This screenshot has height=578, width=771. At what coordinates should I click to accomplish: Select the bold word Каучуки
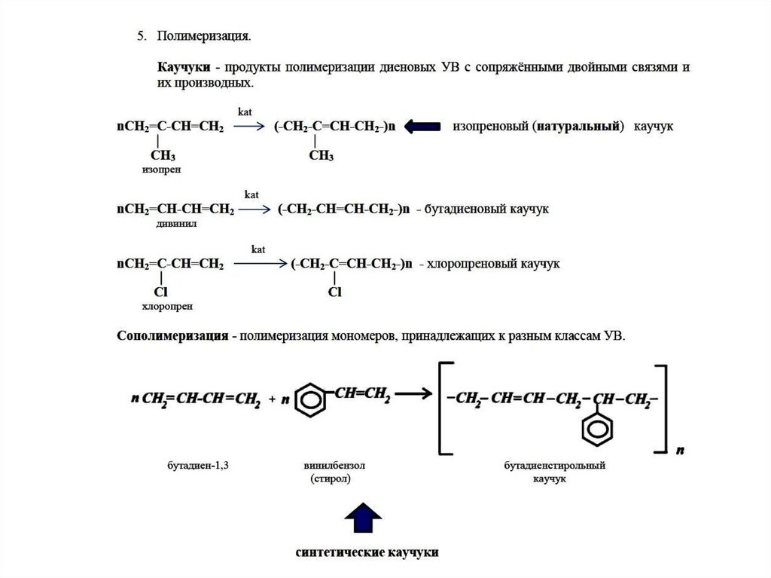184,67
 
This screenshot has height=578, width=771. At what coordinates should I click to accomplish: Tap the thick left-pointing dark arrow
422,127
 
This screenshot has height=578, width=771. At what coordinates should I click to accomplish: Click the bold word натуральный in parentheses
579,127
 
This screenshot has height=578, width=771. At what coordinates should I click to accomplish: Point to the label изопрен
161,170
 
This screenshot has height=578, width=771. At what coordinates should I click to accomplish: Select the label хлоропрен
166,307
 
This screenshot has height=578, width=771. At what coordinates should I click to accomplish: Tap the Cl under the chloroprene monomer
160,292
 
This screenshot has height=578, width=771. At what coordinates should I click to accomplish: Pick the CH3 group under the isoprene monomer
163,156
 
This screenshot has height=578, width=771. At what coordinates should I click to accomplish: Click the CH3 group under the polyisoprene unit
321,156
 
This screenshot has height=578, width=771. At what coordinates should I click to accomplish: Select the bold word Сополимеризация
172,335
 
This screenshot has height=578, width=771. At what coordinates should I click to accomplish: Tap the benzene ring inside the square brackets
596,433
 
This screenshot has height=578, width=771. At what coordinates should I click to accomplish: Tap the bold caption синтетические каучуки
366,552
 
